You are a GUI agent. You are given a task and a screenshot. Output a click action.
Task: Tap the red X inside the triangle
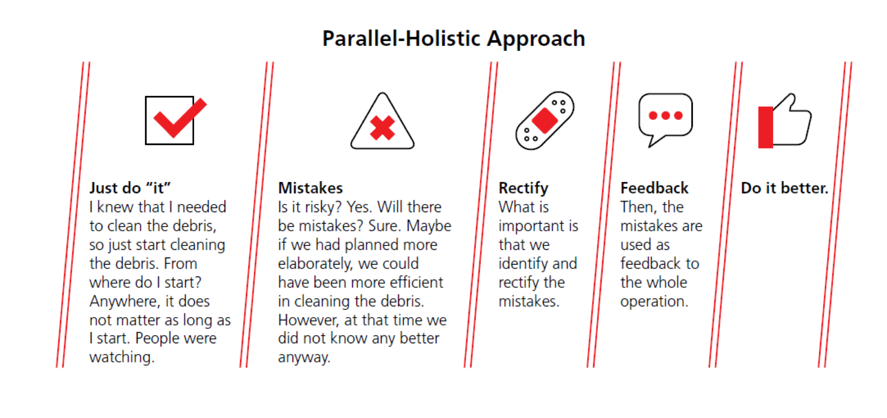pos(382,128)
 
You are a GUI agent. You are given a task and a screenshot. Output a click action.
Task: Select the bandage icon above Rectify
pos(545,121)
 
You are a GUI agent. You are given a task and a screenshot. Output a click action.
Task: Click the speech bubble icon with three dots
pos(665,117)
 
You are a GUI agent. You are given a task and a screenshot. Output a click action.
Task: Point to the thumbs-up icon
pos(784,121)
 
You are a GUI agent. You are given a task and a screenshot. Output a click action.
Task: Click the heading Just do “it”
pos(130,188)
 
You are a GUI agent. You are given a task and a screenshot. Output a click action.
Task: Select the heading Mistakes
pos(310,188)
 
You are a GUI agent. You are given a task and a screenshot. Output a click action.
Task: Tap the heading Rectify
pos(524,189)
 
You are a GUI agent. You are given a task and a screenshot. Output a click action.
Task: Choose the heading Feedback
pos(654,188)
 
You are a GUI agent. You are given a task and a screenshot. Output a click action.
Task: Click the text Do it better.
pos(784,188)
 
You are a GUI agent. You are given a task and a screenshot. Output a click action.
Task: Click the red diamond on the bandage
pos(545,121)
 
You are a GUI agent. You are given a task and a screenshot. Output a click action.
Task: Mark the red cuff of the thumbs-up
pos(766,127)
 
